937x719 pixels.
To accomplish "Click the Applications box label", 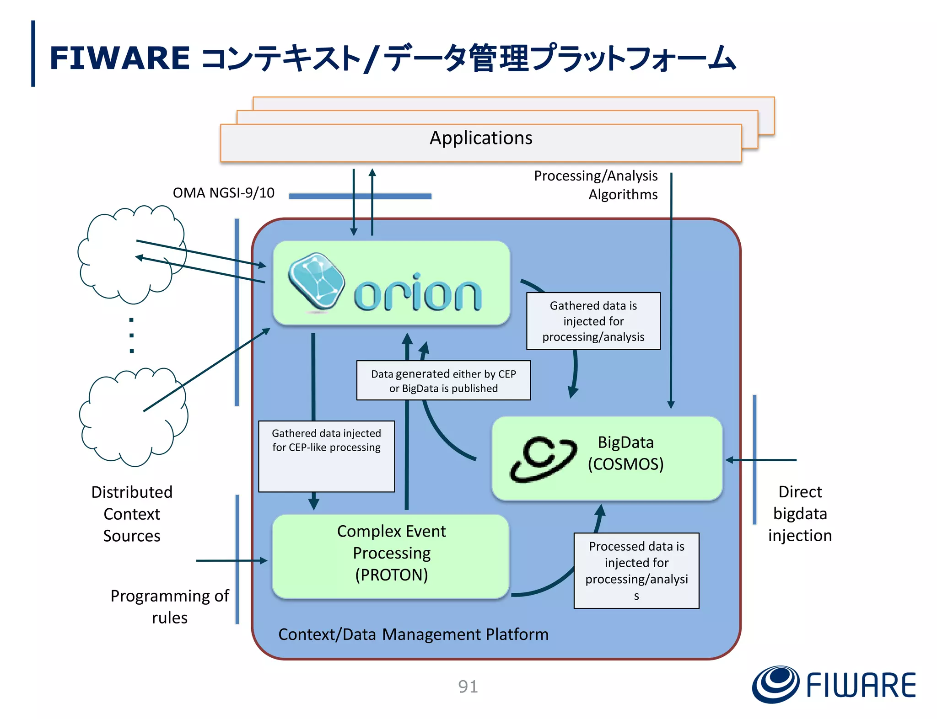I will tap(480, 138).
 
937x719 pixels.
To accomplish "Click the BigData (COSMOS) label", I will tap(625, 453).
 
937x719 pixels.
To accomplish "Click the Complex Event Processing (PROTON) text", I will tap(391, 553).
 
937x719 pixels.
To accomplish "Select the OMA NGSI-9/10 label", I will tap(223, 193).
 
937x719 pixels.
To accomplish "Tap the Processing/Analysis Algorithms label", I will tap(596, 185).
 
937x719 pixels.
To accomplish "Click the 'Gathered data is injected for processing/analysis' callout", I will tap(593, 321).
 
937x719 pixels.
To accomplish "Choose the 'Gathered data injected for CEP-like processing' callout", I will tap(326, 441).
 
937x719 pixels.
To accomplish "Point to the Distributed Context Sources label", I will tap(132, 514).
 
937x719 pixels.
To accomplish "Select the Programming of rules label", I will tap(170, 607).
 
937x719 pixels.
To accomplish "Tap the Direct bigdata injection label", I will tap(800, 514).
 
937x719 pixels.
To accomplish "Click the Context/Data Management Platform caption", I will tap(413, 634).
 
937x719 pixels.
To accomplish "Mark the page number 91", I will tap(468, 687).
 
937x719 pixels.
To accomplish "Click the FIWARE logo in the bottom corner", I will tap(834, 685).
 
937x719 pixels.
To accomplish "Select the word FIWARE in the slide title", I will tap(119, 58).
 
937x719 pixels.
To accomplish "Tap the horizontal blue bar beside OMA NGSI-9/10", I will tap(360, 196).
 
